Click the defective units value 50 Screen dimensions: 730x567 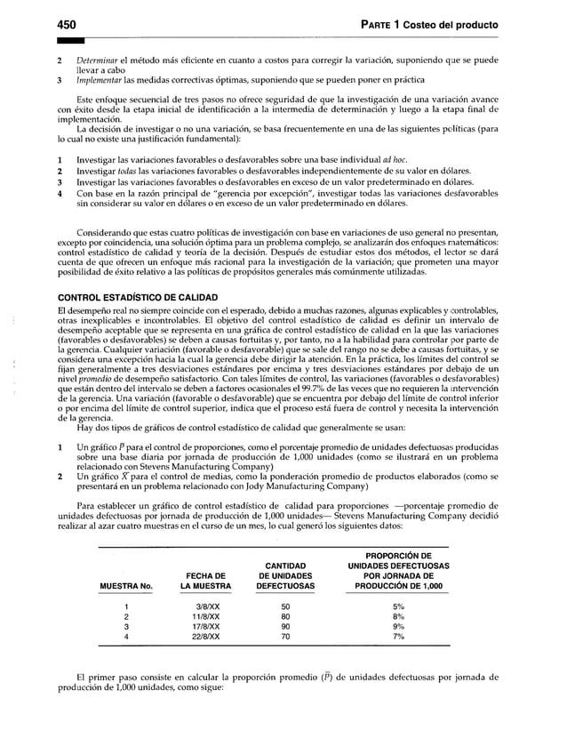point(285,607)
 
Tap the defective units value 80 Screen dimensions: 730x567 point(285,617)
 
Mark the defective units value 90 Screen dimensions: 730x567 point(285,627)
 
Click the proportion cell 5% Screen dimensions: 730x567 point(398,607)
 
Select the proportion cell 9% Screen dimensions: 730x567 point(398,627)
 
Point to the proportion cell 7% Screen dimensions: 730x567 point(398,637)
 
